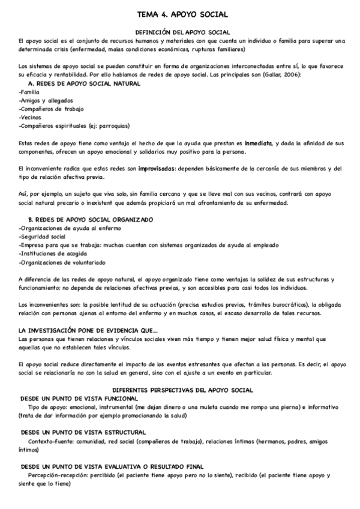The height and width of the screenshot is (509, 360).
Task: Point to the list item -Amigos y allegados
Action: pyautogui.click(x=44, y=101)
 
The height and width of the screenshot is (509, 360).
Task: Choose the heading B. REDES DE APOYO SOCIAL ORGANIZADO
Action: pyautogui.click(x=91, y=220)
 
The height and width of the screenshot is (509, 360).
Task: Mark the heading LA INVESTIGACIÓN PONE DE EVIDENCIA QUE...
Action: pyautogui.click(x=88, y=330)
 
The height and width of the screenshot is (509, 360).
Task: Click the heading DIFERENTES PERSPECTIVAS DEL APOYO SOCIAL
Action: pyautogui.click(x=182, y=390)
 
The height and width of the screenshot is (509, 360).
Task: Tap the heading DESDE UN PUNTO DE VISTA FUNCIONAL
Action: pyautogui.click(x=80, y=398)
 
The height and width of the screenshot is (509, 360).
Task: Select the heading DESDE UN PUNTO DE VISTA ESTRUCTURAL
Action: pyautogui.click(x=83, y=432)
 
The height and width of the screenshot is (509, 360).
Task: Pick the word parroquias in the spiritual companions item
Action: pyautogui.click(x=109, y=126)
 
